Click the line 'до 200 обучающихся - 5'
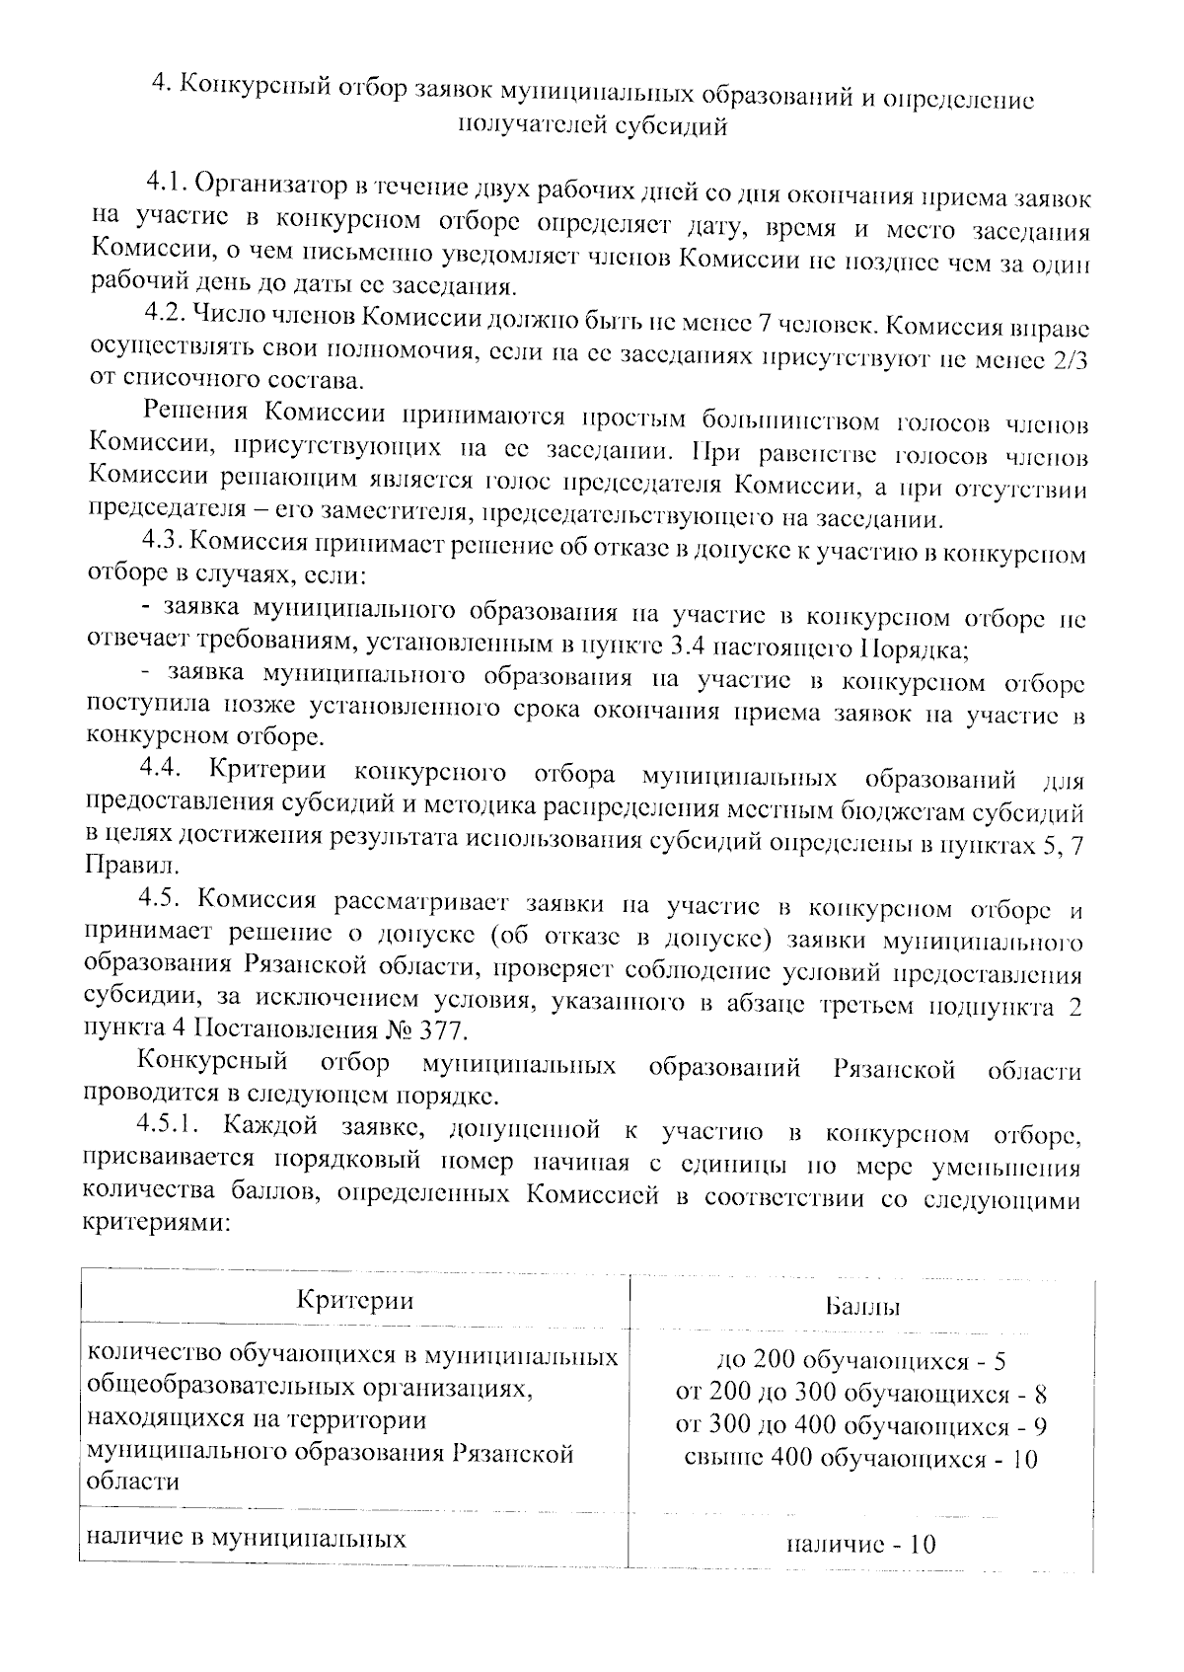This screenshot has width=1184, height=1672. [861, 1362]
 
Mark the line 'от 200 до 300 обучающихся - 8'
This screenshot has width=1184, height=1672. [861, 1395]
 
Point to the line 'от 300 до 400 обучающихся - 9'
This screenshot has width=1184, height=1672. [861, 1427]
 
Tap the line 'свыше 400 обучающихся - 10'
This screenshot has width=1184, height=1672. [861, 1459]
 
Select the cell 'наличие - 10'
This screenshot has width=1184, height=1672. [861, 1545]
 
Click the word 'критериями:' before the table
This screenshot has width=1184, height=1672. [159, 1224]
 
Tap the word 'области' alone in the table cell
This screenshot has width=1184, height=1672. [134, 1482]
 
